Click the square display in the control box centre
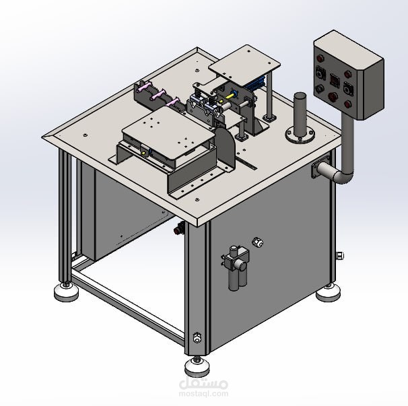334,80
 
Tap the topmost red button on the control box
320,58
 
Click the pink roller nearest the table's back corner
144,87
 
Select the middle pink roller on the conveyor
158,95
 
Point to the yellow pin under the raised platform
229,96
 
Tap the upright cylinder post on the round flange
300,114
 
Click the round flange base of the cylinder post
300,135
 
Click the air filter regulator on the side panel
236,267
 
